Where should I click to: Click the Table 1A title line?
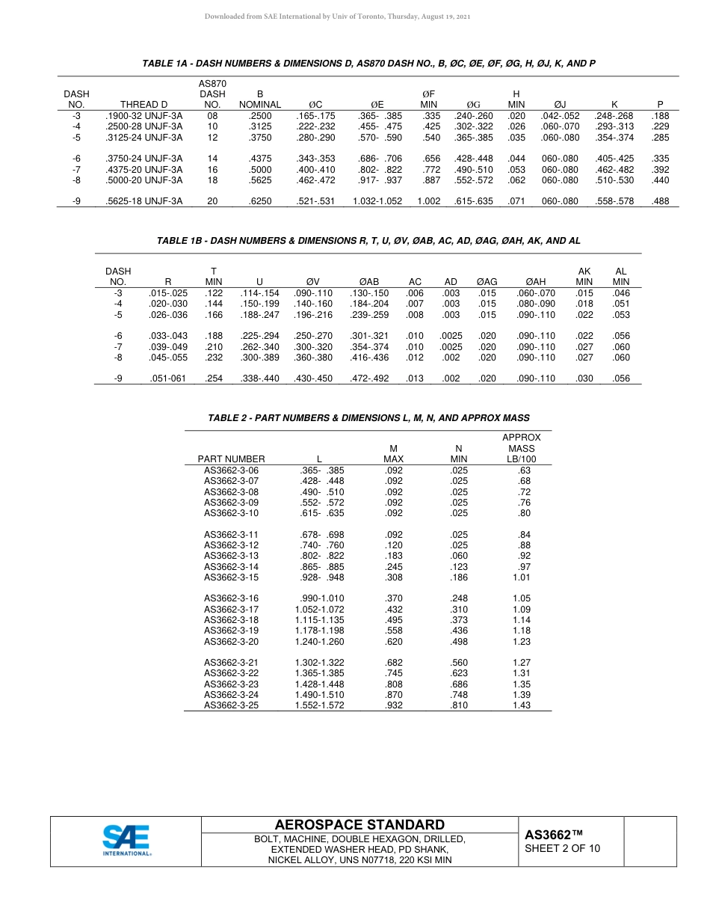click(x=368, y=64)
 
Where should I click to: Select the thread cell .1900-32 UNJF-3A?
click(x=143, y=116)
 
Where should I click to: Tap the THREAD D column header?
click(x=143, y=105)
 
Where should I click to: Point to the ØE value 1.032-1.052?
click(x=377, y=201)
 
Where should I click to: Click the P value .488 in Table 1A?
click(x=660, y=201)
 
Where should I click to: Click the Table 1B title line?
click(x=368, y=241)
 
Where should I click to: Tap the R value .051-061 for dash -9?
click(x=168, y=378)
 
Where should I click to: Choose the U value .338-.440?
click(x=259, y=378)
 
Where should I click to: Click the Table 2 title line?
click(x=368, y=417)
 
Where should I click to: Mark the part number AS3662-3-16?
click(x=231, y=598)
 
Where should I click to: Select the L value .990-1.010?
click(x=320, y=598)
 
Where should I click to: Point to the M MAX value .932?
click(x=393, y=705)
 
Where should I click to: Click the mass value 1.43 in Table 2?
click(x=522, y=705)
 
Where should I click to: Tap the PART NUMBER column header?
click(x=231, y=459)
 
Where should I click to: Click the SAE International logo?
click(x=126, y=840)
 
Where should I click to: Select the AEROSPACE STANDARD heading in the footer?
click(x=359, y=825)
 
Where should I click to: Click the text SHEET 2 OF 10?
click(x=562, y=848)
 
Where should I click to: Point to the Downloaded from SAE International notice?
click(x=337, y=16)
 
